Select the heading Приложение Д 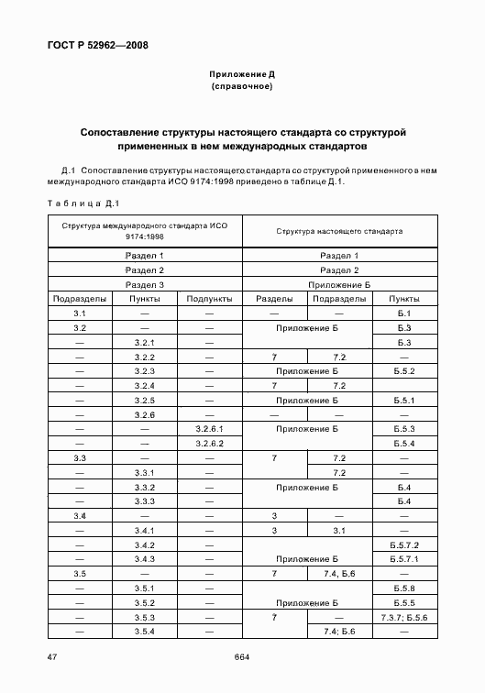click(242, 73)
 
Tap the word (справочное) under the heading click(242, 87)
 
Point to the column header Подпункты click(209, 299)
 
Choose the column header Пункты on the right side click(404, 299)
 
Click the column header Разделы click(274, 299)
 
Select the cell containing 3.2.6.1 click(209, 428)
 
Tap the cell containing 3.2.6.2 click(209, 443)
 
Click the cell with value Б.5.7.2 click(404, 544)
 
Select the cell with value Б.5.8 click(404, 588)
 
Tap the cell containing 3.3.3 click(143, 501)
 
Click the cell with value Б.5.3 click(404, 428)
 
